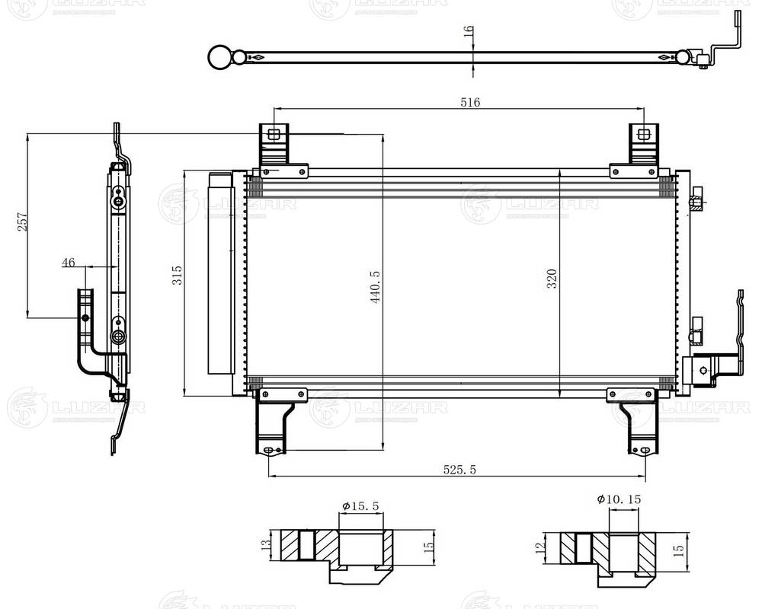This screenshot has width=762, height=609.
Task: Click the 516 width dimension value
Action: pyautogui.click(x=470, y=102)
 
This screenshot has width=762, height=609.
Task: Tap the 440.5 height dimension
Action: pyautogui.click(x=375, y=287)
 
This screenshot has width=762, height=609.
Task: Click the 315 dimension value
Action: pyautogui.click(x=177, y=276)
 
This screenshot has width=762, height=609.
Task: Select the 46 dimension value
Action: pyautogui.click(x=69, y=263)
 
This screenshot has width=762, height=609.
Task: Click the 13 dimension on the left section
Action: pyautogui.click(x=266, y=544)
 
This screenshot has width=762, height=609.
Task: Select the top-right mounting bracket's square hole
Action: pyautogui.click(x=644, y=135)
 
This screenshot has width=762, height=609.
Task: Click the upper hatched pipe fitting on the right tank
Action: pyautogui.click(x=696, y=202)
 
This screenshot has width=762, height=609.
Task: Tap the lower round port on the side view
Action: pyautogui.click(x=118, y=336)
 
